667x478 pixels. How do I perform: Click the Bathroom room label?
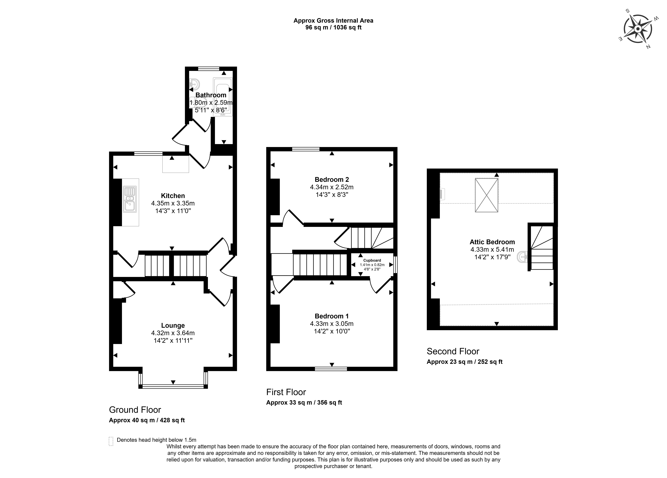pos(211,95)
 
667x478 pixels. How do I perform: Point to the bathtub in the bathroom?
pos(223,97)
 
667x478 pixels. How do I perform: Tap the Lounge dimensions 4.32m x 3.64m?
pos(173,333)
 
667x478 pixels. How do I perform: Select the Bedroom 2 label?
pos(332,179)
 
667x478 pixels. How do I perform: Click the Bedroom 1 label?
pos(332,316)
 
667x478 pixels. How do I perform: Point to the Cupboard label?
pos(372,260)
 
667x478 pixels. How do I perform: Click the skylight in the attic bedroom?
pos(486,195)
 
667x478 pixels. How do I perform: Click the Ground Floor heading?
pos(135,410)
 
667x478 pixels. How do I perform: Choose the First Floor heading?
pos(286,392)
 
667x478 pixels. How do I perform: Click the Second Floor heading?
pos(453,351)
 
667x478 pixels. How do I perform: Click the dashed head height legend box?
pos(111,441)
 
